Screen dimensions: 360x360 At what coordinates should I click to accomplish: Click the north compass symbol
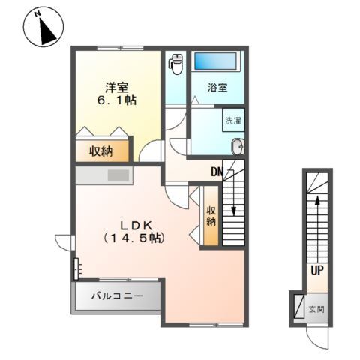(43, 26)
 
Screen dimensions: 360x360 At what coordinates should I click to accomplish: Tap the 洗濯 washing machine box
(232, 120)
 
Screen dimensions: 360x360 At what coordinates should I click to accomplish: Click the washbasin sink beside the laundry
(238, 147)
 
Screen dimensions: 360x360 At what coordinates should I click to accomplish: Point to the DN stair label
(217, 172)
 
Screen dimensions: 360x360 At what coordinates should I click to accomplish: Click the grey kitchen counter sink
(118, 176)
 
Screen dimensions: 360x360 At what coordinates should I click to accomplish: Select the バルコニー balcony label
(117, 296)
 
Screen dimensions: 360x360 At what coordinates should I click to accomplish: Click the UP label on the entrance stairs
(319, 271)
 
